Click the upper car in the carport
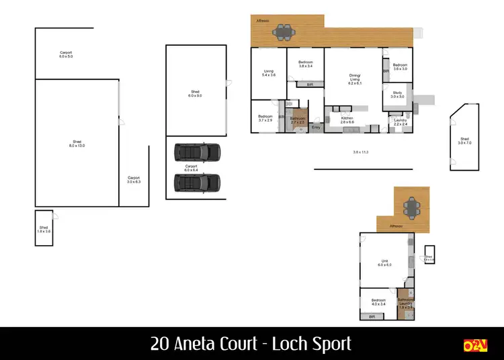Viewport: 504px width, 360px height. click(198, 152)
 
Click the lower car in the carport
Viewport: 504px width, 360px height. click(198, 182)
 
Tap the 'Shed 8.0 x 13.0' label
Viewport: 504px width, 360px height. click(77, 144)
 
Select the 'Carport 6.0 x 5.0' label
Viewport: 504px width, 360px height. click(66, 54)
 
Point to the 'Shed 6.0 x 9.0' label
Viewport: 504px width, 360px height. click(195, 94)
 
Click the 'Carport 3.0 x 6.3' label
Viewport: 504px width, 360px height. click(134, 180)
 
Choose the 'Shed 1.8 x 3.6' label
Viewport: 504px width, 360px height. click(44, 229)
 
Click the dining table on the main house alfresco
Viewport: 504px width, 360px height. click(286, 31)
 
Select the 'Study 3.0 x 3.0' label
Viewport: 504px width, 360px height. click(397, 95)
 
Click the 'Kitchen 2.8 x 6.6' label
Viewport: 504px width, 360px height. click(347, 120)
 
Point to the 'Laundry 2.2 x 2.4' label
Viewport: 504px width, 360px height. click(401, 122)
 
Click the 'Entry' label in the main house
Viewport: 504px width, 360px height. click(316, 127)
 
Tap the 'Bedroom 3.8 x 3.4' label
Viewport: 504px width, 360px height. click(306, 64)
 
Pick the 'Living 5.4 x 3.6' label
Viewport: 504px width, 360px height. click(268, 73)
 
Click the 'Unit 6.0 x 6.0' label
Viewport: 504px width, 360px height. click(384, 263)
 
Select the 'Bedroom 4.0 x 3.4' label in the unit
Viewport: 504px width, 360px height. click(378, 302)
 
